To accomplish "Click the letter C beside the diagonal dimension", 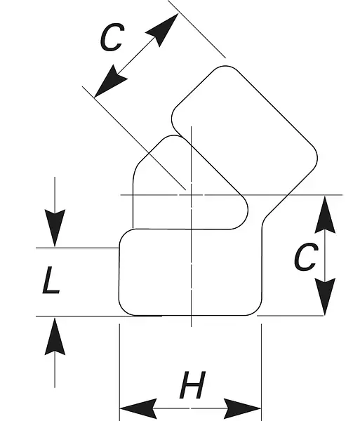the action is tap(112, 37).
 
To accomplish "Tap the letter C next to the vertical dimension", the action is tap(306, 257).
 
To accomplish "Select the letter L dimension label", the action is tap(51, 280).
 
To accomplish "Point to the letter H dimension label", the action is tap(192, 385).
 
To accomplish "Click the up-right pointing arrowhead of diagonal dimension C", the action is tap(164, 29).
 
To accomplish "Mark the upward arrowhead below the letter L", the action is tap(55, 336).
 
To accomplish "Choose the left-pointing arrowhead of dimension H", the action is tap(138, 408).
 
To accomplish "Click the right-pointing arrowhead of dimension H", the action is tap(242, 408).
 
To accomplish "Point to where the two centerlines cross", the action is tap(191, 194).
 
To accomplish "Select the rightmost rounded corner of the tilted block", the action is tap(314, 157).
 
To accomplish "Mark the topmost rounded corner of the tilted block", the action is tap(225, 67).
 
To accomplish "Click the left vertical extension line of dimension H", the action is tap(119, 373).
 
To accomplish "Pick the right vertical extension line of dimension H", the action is tap(261, 373).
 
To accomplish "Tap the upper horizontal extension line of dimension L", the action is tap(77, 248).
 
